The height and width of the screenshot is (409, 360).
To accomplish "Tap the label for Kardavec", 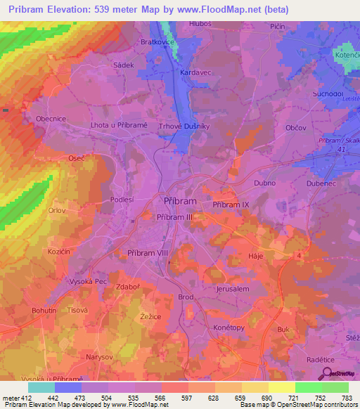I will [x=197, y=72].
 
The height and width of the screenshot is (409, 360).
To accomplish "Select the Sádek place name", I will [x=124, y=65].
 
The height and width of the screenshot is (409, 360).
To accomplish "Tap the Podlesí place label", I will [x=122, y=200].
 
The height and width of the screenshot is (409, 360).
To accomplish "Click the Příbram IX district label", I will [x=231, y=204].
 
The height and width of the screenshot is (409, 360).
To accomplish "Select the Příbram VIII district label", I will [x=147, y=252].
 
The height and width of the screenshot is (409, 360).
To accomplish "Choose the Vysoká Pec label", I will [x=88, y=280].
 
